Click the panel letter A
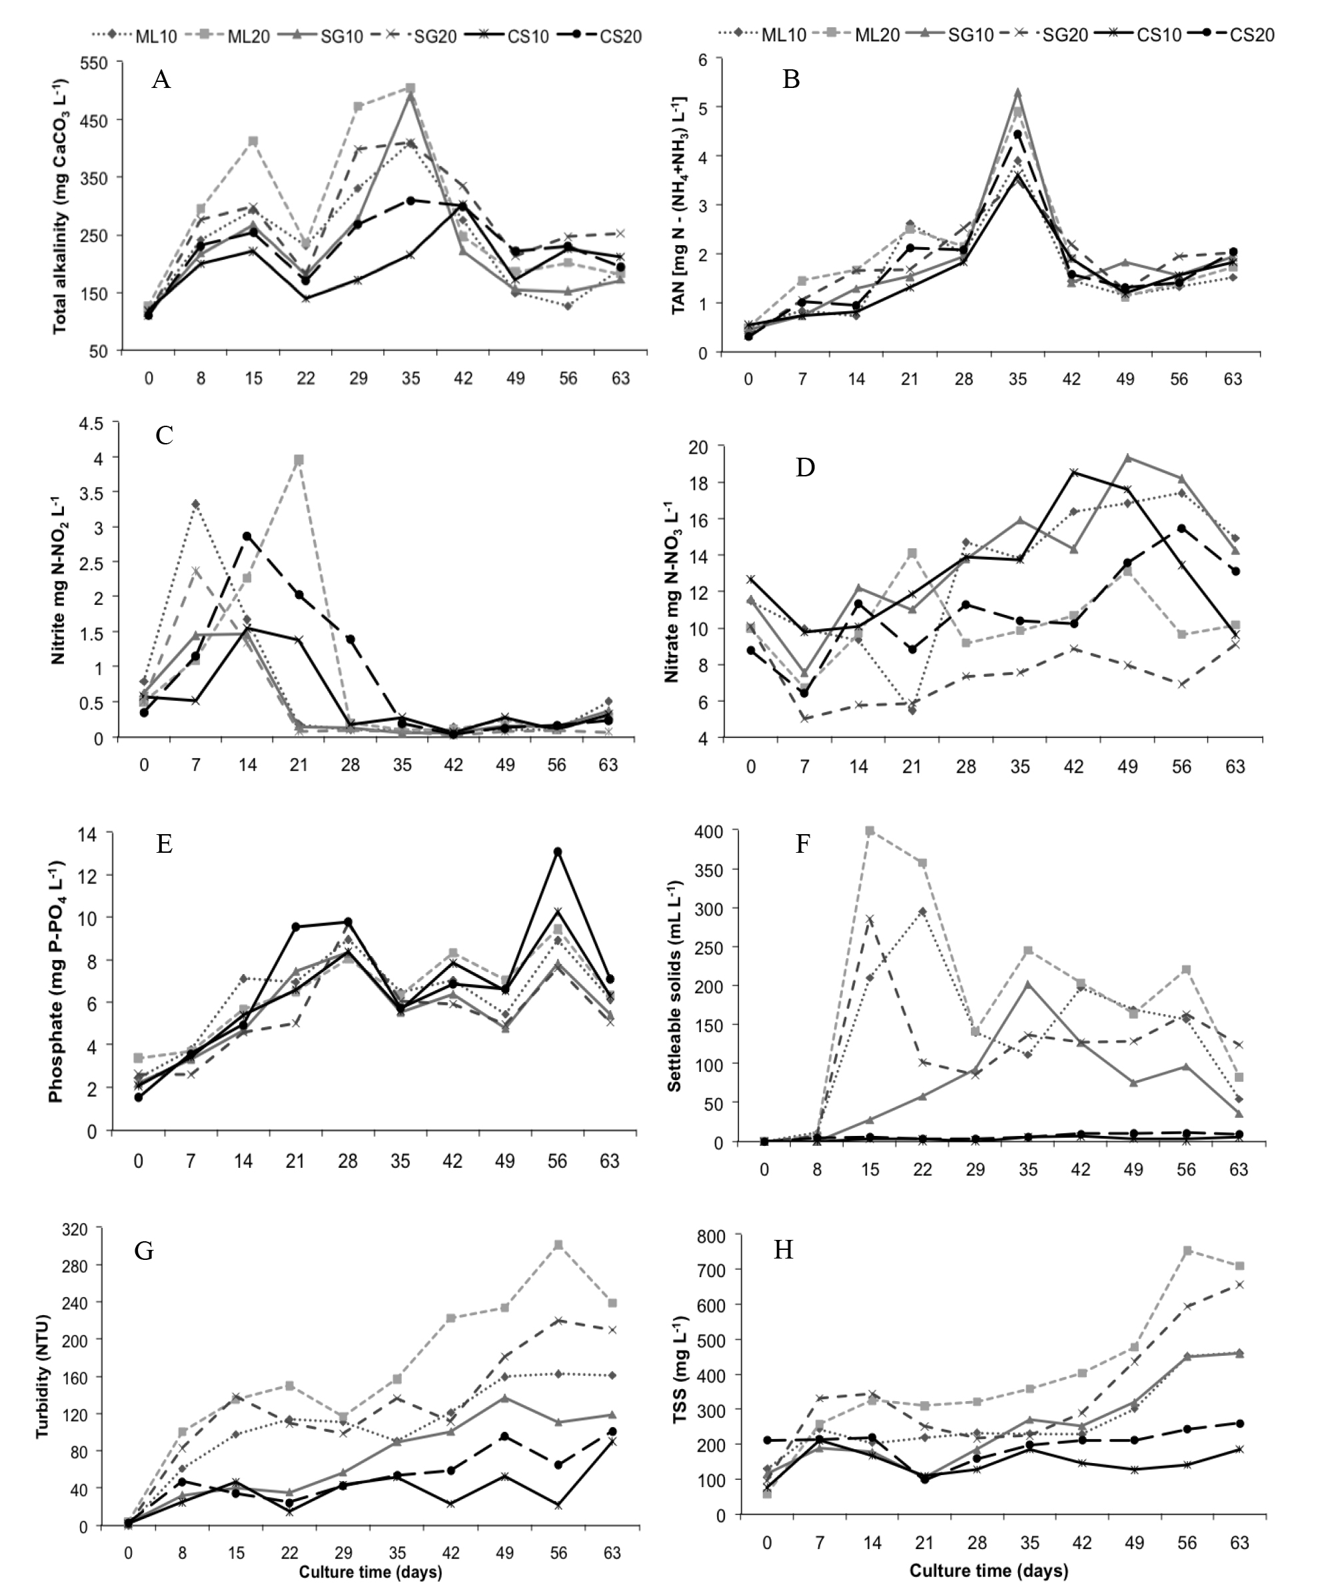(161, 79)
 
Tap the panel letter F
(802, 843)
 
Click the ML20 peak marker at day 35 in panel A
(410, 89)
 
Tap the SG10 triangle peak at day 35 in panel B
(1018, 92)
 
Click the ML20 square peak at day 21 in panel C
(299, 460)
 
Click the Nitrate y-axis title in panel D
(672, 591)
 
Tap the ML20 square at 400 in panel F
(870, 831)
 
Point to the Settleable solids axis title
(674, 986)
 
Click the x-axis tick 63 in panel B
(1233, 379)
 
